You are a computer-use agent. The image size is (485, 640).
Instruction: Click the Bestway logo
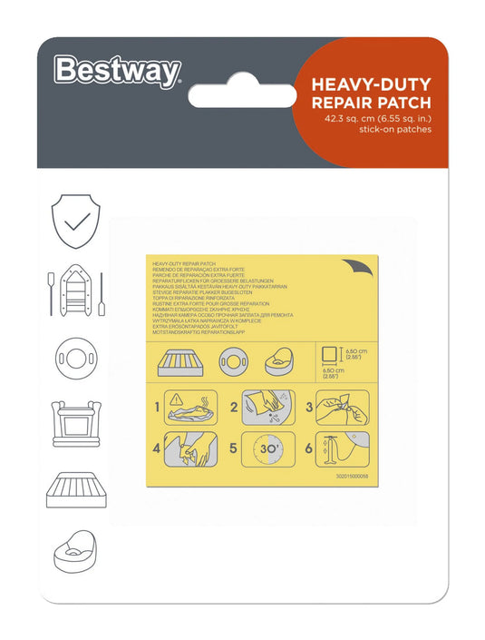tap(118, 70)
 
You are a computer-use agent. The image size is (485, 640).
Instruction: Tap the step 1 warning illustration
tap(190, 408)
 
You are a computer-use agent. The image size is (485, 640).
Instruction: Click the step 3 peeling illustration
tap(344, 408)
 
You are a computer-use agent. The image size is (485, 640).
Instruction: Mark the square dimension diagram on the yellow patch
tap(332, 355)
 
